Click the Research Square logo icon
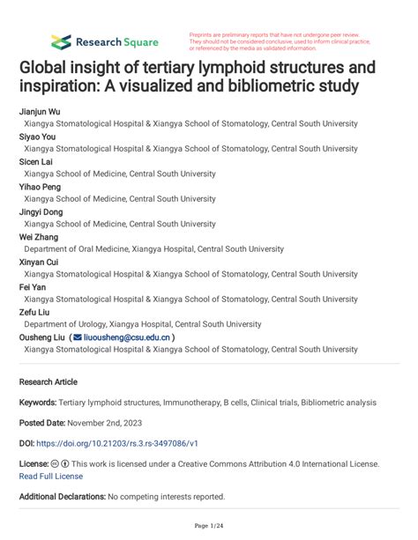click(x=61, y=41)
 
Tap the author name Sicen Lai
click(x=36, y=163)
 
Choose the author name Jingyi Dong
click(x=41, y=212)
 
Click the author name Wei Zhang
click(x=38, y=237)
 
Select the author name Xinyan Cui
click(x=39, y=262)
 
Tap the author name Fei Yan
click(x=33, y=286)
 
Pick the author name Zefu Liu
click(x=34, y=311)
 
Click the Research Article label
click(x=49, y=382)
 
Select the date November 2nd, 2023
click(x=110, y=423)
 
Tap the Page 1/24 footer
click(x=209, y=526)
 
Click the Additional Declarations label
click(x=62, y=497)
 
